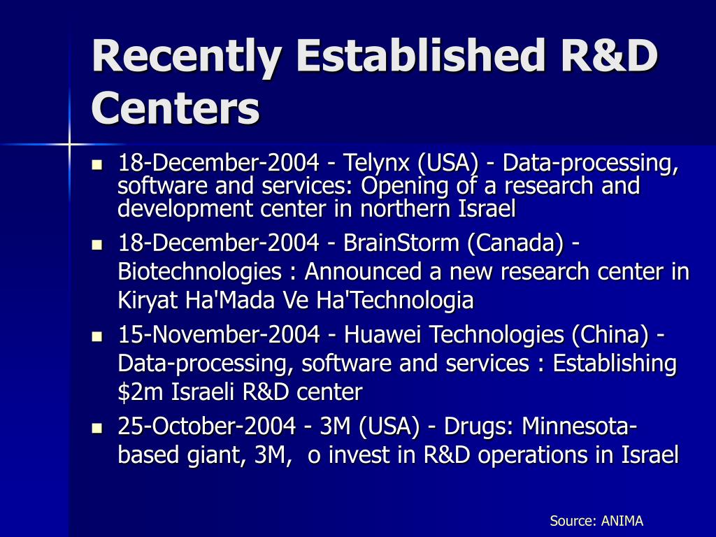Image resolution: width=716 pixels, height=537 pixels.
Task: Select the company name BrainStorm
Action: pos(401,242)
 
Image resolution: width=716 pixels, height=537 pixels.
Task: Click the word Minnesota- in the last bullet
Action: pos(579,426)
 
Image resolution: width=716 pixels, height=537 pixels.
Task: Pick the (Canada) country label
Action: pos(515,243)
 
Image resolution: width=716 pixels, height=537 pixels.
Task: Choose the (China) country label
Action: pos(610,335)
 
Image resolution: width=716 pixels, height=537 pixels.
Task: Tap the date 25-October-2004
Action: pos(207,426)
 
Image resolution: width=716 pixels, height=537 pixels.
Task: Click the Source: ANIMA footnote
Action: pos(596,520)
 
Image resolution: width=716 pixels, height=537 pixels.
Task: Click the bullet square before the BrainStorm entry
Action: pos(96,245)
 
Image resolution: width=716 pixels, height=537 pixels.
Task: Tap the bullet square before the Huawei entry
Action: pos(96,337)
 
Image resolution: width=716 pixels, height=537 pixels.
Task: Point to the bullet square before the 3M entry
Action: pos(96,429)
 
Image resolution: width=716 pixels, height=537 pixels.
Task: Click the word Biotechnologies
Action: pos(199,272)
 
